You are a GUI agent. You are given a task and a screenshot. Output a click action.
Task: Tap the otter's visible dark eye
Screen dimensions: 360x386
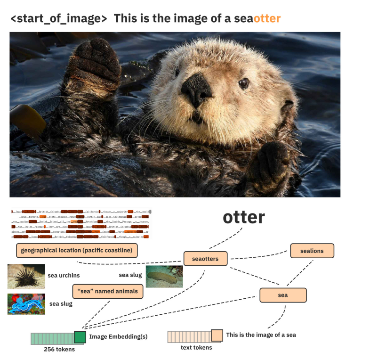pos(243,83)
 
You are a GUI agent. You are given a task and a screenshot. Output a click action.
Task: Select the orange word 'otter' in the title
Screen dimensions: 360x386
pos(267,19)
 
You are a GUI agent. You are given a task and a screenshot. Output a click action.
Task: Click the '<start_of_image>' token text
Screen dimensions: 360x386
pos(58,19)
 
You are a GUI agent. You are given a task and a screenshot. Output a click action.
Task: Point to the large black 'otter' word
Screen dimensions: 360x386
pos(243,217)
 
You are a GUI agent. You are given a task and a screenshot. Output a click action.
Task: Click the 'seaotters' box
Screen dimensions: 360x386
pos(205,259)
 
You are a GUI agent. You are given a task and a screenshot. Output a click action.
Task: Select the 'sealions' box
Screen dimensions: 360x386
pos(312,251)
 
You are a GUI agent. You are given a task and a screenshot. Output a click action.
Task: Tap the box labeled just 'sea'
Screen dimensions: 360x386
pos(283,295)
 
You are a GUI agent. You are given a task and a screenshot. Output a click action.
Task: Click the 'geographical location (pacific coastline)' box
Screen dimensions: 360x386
pos(77,250)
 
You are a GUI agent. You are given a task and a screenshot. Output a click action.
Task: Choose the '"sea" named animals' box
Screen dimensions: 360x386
pos(107,291)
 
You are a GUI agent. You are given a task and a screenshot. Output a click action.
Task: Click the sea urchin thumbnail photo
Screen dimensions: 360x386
pos(26,276)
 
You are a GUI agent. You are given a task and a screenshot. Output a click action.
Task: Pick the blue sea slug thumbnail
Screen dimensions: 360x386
pos(26,304)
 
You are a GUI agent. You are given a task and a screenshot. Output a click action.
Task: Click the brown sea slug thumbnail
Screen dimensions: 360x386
pos(164,277)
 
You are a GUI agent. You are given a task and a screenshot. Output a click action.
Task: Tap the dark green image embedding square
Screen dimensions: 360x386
pos(80,336)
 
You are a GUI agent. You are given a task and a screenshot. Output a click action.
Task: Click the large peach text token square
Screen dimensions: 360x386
pos(217,335)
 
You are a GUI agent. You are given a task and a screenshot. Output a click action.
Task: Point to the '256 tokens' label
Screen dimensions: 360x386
pos(59,349)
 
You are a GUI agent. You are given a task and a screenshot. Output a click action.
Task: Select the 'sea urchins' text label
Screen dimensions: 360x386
pos(64,276)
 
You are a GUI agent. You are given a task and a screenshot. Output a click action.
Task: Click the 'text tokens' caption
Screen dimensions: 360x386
pos(196,348)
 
